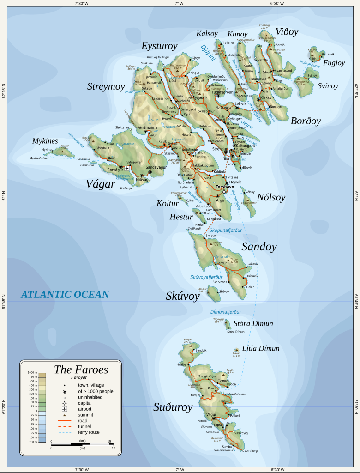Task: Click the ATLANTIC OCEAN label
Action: (x=65, y=295)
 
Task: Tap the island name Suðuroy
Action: (x=173, y=407)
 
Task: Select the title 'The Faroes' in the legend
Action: (x=81, y=370)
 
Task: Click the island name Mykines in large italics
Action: (x=45, y=141)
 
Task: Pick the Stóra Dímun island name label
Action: (x=253, y=324)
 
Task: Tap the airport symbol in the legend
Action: (x=65, y=409)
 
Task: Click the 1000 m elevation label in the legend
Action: (x=32, y=372)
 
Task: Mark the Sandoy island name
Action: (x=259, y=247)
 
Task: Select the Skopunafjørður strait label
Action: (x=226, y=230)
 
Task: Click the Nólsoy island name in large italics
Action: (x=271, y=198)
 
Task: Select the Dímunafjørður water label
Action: (x=226, y=312)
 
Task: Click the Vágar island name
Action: (x=100, y=184)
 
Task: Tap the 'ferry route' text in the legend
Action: (x=89, y=432)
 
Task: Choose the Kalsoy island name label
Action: (x=207, y=34)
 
